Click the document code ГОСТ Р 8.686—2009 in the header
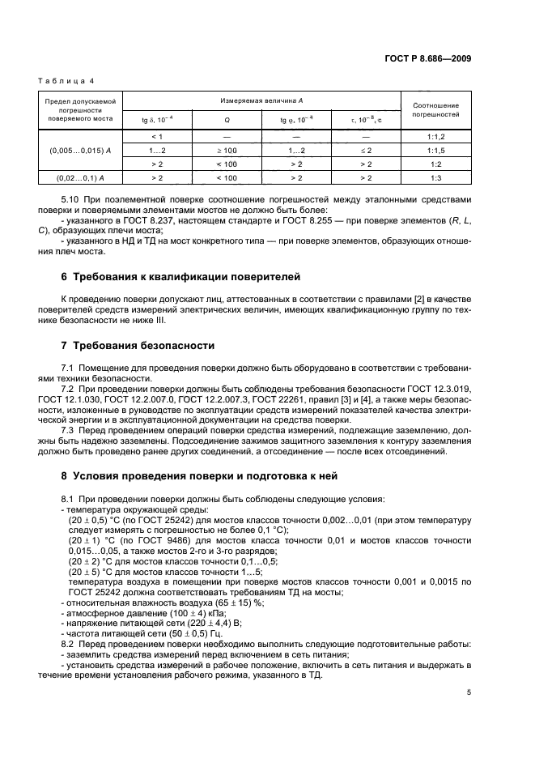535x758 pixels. (429, 59)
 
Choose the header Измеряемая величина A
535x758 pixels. (261, 100)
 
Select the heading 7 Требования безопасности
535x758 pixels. (138, 346)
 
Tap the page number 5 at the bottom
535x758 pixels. (469, 692)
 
